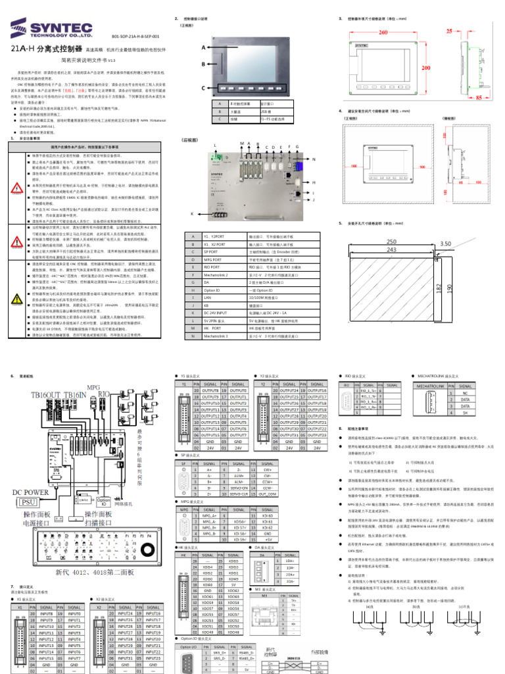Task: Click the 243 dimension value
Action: (x=393, y=251)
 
